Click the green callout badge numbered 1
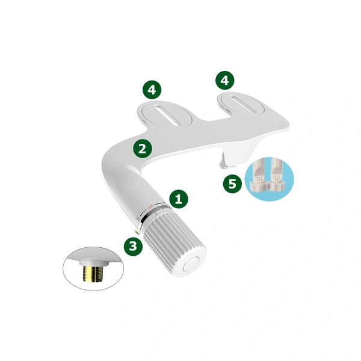(x=177, y=198)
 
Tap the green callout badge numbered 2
(x=142, y=147)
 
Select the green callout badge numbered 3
(x=133, y=246)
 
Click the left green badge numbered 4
(x=152, y=90)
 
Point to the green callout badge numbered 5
(x=232, y=184)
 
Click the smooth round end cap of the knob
(x=194, y=264)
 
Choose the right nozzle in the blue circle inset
(x=277, y=174)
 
